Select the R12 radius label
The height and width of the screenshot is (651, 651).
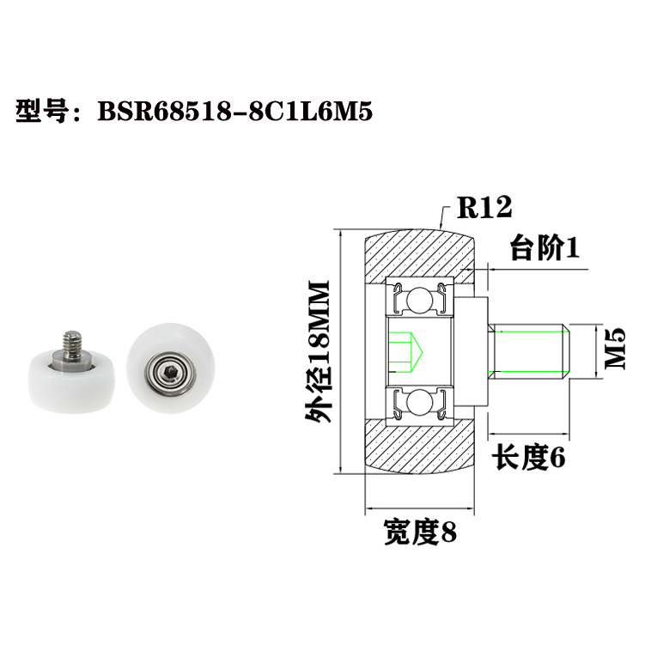(x=484, y=207)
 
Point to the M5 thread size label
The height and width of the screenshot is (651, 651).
(x=617, y=348)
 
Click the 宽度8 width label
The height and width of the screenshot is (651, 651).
(x=420, y=533)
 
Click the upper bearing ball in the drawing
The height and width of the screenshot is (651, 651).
(x=420, y=299)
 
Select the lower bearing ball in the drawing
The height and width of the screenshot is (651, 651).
(x=420, y=402)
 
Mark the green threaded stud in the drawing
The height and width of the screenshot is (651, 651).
(x=530, y=350)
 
